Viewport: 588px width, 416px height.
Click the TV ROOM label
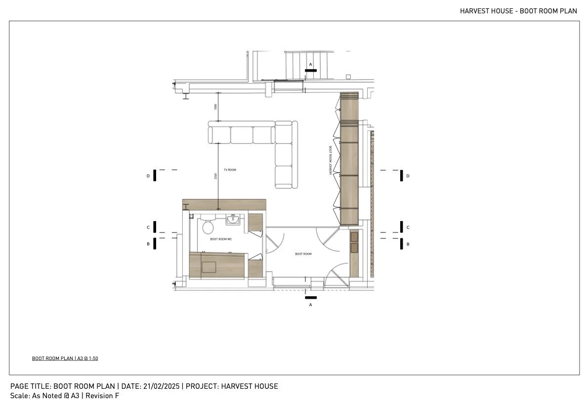pos(230,170)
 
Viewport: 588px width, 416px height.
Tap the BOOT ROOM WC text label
pos(221,239)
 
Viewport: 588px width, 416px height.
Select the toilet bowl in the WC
pos(208,227)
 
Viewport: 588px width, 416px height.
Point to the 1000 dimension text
pos(215,107)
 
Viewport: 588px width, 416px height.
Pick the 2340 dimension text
pos(215,176)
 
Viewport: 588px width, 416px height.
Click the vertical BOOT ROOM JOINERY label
pos(330,161)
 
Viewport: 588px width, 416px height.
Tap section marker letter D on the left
pos(148,176)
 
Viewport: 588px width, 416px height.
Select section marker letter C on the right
pos(408,228)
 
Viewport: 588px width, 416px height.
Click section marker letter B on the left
pos(148,244)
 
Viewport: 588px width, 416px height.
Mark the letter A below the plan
pos(310,305)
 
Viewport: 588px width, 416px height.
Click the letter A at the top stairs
pos(310,64)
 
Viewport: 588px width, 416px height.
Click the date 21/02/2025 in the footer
pos(162,386)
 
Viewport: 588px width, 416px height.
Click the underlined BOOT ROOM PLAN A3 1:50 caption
pos(65,358)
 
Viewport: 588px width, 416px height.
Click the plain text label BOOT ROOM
pos(303,254)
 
